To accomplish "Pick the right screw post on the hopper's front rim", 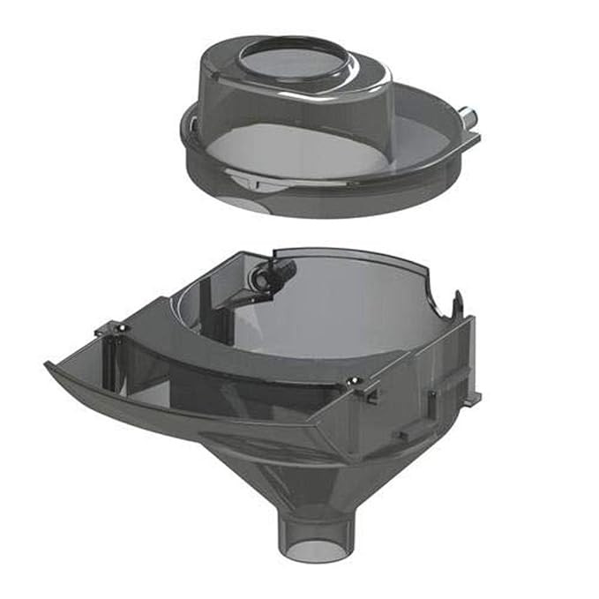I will click(x=356, y=381).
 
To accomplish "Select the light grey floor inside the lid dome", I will click(x=291, y=150).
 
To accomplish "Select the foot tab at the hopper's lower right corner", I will click(x=475, y=400).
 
